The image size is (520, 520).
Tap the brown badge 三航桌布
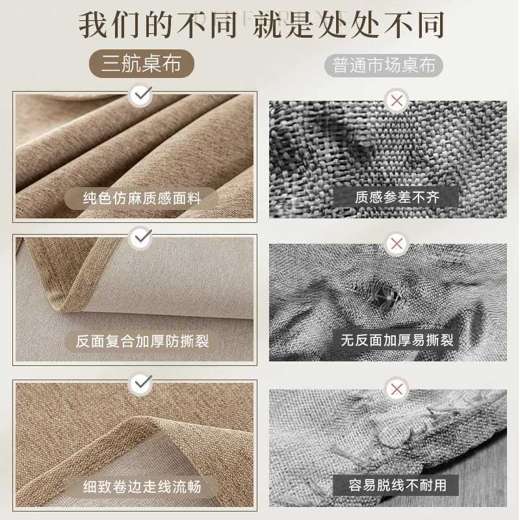(141, 64)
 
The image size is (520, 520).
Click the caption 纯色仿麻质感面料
(141, 198)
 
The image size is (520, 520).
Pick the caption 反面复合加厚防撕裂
(142, 341)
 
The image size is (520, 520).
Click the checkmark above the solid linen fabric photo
(140, 96)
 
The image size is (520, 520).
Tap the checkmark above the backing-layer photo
(140, 239)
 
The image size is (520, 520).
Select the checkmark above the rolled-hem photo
(140, 384)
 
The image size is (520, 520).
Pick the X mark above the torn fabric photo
(395, 244)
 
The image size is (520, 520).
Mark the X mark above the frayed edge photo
(395, 389)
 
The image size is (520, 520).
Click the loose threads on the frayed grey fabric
(351, 448)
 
